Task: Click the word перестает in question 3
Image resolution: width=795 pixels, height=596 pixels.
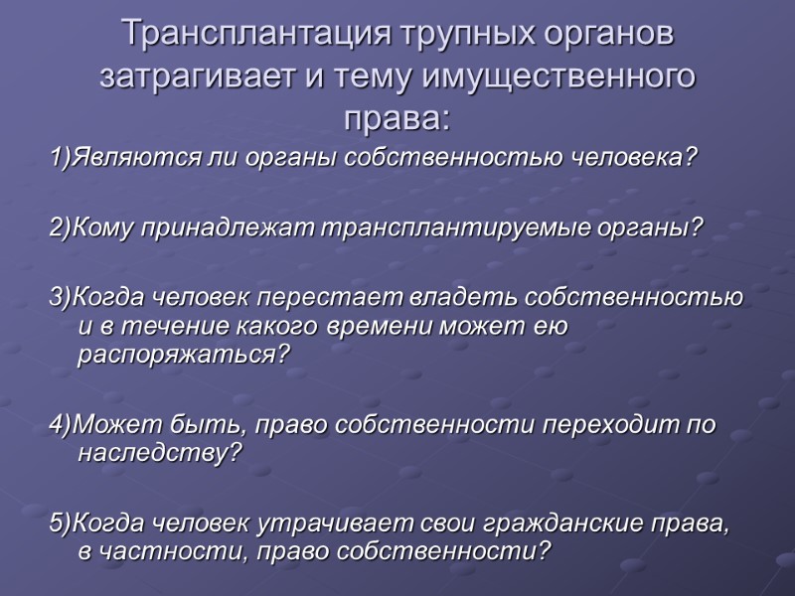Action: tap(327, 298)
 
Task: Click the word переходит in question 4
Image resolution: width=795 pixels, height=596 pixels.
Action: tap(601, 425)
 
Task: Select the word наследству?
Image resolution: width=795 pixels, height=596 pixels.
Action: tap(160, 454)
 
